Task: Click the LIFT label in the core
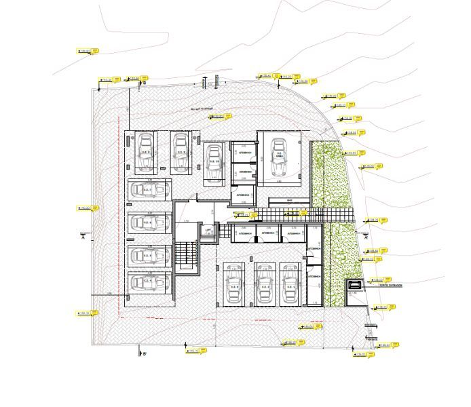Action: click(208, 231)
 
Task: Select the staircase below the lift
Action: click(185, 256)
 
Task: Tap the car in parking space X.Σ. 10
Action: click(214, 163)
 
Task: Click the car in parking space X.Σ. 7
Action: click(149, 189)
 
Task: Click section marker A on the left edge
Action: click(81, 237)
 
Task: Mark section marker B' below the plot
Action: click(143, 353)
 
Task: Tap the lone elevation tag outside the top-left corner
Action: click(87, 51)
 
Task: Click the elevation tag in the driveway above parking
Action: click(220, 117)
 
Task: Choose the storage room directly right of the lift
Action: click(242, 234)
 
